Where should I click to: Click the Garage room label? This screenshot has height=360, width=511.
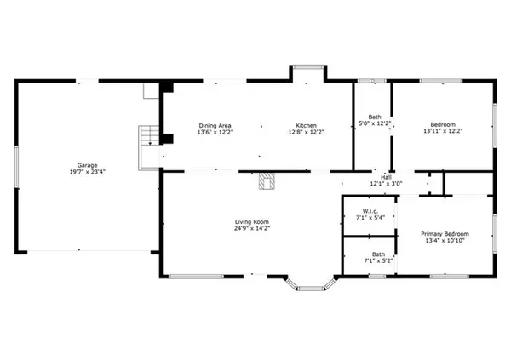pos(88,165)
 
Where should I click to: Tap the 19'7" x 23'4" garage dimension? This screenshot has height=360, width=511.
pos(88,172)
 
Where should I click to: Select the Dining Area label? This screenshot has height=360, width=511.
pos(215,125)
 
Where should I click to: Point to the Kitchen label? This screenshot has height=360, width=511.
pos(306,125)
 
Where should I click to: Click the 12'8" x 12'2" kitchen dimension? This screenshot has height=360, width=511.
pos(307,132)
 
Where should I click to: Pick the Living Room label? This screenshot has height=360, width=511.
pos(252,222)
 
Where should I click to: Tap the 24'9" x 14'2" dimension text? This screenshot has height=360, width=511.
pos(252,228)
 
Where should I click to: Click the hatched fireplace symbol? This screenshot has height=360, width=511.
pos(267,180)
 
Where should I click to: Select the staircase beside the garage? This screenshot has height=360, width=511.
pos(149,147)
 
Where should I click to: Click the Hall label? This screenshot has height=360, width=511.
pos(386,177)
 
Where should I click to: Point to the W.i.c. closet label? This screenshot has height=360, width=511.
pos(370,211)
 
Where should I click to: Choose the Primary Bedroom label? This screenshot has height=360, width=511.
pos(445,234)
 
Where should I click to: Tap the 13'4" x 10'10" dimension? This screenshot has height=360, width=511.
pos(445,241)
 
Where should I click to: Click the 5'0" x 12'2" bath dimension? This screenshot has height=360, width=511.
pos(375,123)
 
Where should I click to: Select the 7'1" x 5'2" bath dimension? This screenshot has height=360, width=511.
pos(378,260)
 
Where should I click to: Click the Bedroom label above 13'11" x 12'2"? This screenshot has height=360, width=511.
pos(443,124)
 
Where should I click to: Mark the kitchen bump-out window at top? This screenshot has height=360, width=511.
pos(308,67)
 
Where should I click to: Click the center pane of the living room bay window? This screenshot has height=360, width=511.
pos(311,289)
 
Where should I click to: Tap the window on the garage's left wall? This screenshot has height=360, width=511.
pos(16,167)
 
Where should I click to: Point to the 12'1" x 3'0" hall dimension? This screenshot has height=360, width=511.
pos(386,184)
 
